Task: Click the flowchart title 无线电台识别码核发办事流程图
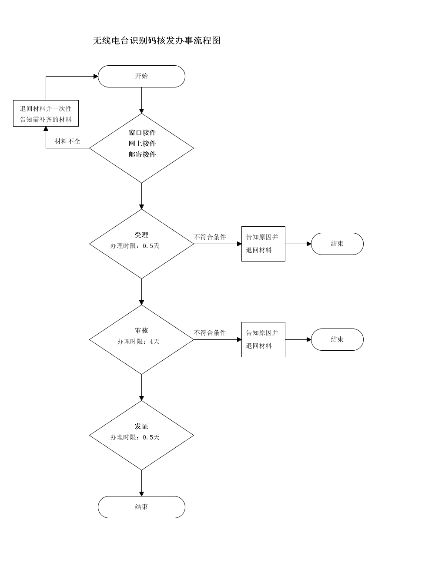click(157, 40)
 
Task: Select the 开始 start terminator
click(141, 76)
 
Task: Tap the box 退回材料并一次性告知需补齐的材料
click(46, 114)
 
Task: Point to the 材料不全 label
click(67, 141)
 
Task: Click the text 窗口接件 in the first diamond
click(142, 133)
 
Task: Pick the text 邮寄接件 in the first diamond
click(142, 154)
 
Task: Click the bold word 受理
click(141, 235)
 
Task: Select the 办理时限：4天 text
click(138, 342)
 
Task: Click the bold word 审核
click(141, 331)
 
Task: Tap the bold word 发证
click(141, 426)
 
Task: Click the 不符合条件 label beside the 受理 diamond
click(210, 237)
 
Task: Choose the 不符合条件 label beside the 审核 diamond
click(210, 333)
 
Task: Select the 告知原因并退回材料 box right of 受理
click(264, 244)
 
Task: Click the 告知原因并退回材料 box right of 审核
click(264, 340)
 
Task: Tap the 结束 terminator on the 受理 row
click(338, 244)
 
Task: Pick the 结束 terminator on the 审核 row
click(338, 340)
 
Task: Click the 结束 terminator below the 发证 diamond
click(141, 507)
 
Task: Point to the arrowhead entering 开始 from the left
click(96, 76)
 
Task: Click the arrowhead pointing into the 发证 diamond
click(141, 399)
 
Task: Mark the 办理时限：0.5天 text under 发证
click(135, 437)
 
